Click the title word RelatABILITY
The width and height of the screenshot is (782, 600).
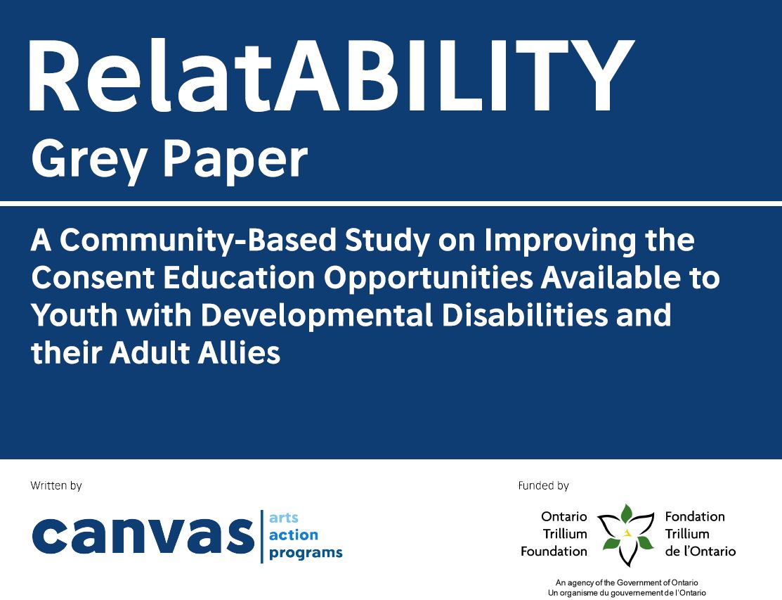[x=331, y=76]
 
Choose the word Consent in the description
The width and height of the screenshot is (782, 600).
[x=93, y=278]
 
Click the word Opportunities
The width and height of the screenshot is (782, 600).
[x=429, y=279]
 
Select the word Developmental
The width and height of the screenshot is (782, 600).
[x=317, y=316]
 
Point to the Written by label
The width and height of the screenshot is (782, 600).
[x=56, y=485]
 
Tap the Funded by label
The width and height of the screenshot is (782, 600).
[x=544, y=485]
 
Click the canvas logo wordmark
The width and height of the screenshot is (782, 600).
[x=143, y=535]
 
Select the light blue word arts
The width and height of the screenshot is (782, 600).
[x=284, y=518]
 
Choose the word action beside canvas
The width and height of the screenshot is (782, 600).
[x=293, y=535]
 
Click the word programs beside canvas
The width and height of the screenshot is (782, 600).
[x=306, y=553]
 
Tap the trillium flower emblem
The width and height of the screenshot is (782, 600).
[x=627, y=535]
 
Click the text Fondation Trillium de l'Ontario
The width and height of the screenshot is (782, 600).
[x=700, y=534]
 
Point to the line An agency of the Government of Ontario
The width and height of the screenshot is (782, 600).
[x=627, y=582]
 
